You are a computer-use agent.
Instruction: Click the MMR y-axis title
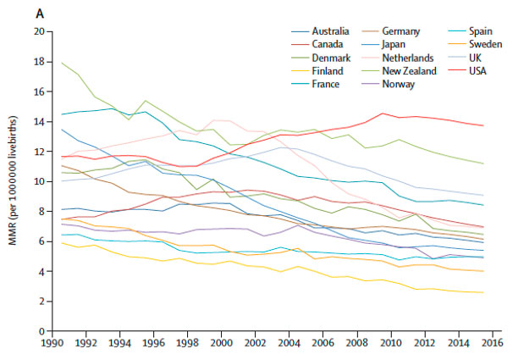(x=14, y=180)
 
